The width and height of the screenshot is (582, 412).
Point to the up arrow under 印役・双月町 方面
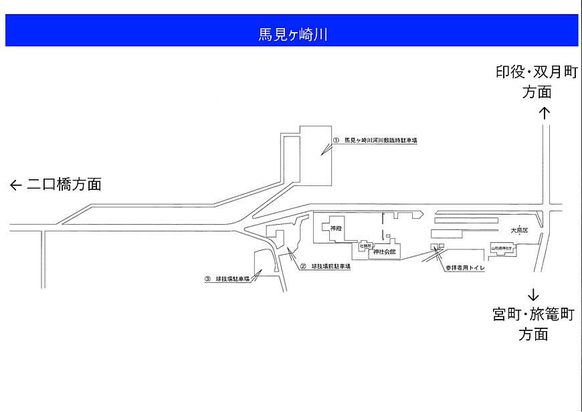point(545,113)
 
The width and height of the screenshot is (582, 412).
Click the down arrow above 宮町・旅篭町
point(533,295)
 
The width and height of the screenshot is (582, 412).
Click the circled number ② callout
point(302,266)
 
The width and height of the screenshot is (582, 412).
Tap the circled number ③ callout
point(207,279)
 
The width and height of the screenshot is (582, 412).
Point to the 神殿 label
point(336,229)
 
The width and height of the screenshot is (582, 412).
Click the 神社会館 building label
point(384,252)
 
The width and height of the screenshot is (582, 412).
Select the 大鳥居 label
point(519,230)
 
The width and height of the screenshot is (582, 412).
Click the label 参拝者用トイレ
point(465,268)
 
